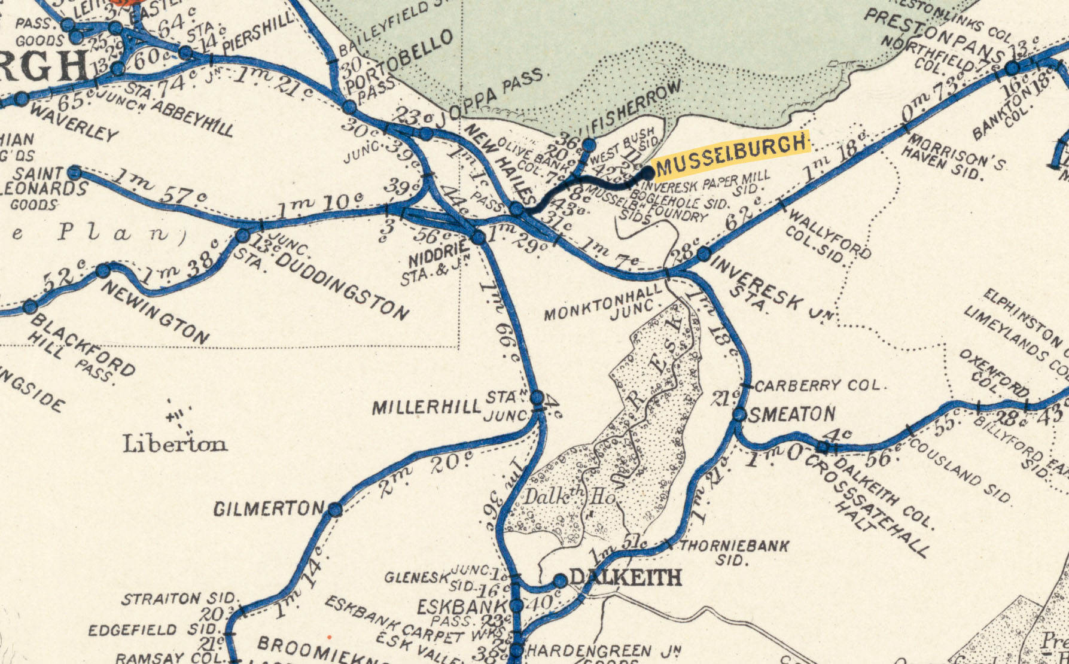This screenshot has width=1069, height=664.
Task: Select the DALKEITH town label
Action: (x=625, y=578)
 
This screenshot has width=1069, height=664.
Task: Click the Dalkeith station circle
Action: (x=560, y=580)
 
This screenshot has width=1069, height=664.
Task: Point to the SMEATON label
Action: (x=792, y=414)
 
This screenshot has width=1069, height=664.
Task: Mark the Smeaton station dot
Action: (x=739, y=414)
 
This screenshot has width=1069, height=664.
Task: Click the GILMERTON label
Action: (x=269, y=509)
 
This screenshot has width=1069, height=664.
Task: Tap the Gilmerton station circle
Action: (x=335, y=510)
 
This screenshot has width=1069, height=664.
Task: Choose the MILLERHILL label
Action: (x=426, y=408)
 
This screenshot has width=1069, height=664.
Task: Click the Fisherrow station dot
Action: (x=589, y=145)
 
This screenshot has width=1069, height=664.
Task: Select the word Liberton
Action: (x=175, y=444)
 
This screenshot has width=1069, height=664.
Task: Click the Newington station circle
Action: (x=103, y=271)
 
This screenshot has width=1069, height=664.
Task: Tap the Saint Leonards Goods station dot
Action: (x=74, y=173)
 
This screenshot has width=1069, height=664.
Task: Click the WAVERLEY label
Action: (x=73, y=122)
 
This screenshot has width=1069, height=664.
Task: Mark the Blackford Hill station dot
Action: (x=30, y=307)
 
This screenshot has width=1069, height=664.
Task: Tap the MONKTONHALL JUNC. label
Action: (x=604, y=304)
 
